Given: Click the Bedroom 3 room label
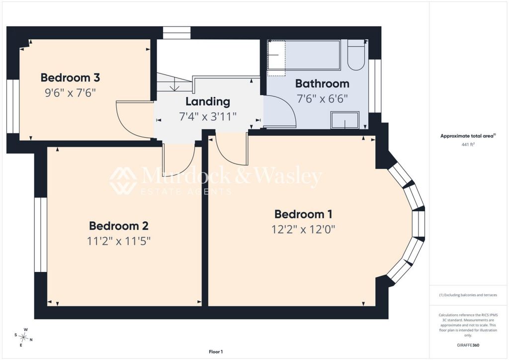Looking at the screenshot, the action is [x=70, y=78].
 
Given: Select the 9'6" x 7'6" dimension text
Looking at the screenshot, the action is [x=70, y=93].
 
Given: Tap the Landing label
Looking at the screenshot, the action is [x=208, y=101].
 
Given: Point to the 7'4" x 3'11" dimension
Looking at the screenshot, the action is [x=208, y=116].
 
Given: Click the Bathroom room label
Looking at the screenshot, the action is [x=322, y=84].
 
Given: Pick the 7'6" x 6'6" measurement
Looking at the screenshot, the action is [x=322, y=98].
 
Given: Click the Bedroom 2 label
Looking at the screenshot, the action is [x=119, y=226].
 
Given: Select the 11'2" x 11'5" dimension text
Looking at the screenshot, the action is [x=119, y=241].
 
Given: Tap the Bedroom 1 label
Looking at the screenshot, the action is [x=303, y=214].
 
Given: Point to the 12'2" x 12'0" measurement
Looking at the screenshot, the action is [x=303, y=230].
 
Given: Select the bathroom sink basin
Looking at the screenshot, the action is [x=345, y=120].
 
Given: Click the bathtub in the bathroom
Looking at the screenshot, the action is [x=304, y=55].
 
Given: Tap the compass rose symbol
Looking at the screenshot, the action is [x=24, y=338].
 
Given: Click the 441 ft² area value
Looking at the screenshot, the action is [x=468, y=145].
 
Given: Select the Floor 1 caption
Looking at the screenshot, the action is [x=216, y=352].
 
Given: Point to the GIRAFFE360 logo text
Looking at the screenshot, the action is [x=468, y=345].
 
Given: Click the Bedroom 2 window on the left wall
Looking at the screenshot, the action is [x=41, y=234].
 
